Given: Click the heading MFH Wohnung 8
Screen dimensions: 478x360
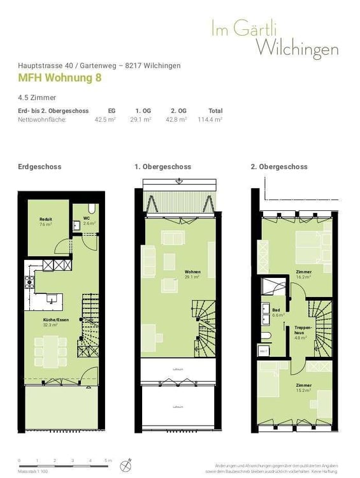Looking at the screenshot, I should point(59,78).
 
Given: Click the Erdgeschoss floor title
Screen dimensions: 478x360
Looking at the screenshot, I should point(40,166).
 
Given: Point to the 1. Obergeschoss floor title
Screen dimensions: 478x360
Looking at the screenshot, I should point(162,166).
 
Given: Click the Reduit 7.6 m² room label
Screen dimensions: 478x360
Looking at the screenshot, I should point(45,222).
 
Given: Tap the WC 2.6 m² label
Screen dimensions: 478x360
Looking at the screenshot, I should point(89,221).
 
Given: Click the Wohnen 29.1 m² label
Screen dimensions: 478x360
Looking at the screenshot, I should point(192,274).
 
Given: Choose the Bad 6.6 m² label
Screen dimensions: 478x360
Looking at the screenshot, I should point(278,312).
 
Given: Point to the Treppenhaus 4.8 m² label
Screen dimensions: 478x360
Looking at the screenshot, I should point(301,334).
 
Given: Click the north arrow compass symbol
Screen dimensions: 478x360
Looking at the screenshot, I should point(129,462).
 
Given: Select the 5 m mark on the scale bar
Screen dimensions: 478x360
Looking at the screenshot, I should point(108,460).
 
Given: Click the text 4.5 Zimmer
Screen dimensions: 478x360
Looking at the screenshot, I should point(38,98).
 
